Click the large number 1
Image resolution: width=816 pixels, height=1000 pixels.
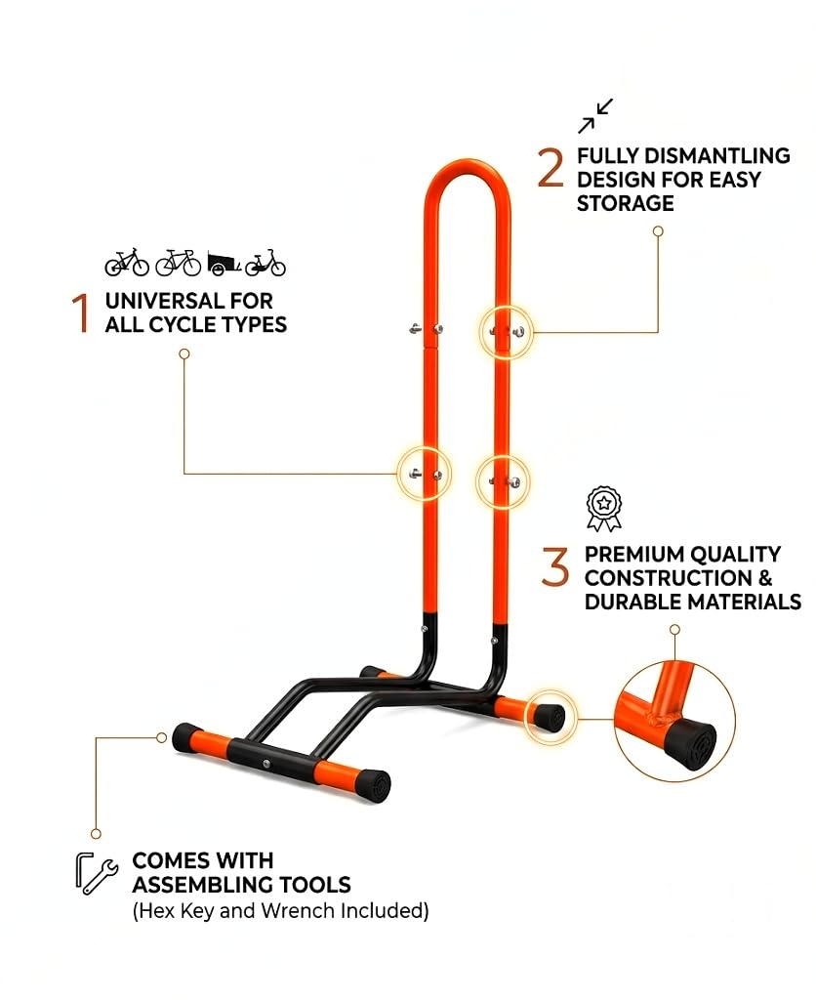tap(81, 312)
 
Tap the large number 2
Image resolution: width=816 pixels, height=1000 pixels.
tap(551, 168)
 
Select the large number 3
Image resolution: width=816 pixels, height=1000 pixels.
tap(554, 565)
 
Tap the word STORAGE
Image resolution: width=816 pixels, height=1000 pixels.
tap(626, 203)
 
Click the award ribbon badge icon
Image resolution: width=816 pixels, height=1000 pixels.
tap(604, 508)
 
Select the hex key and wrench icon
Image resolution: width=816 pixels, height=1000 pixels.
tap(97, 872)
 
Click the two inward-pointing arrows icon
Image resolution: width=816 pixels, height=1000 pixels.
tap(595, 116)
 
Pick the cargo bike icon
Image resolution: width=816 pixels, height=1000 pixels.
tap(224, 263)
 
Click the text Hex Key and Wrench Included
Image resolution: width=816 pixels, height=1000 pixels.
tap(280, 910)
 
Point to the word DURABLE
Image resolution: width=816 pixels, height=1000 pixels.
tap(630, 602)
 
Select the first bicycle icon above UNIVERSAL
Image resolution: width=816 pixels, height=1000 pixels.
tap(127, 262)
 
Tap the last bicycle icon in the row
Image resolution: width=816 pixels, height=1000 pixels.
tap(265, 263)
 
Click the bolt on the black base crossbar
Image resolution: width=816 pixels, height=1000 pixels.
tap(265, 763)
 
